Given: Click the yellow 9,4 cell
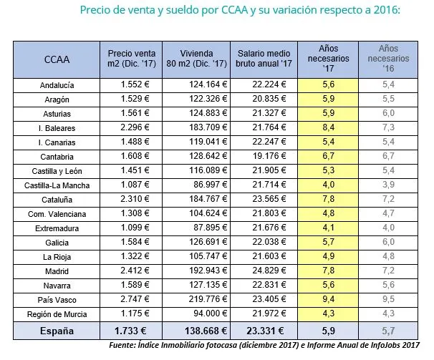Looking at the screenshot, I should (329, 299).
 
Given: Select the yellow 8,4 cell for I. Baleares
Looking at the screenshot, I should (329, 127).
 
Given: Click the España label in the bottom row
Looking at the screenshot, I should (57, 331).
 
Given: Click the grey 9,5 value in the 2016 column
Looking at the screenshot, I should (388, 299).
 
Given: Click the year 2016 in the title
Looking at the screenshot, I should (384, 11).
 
